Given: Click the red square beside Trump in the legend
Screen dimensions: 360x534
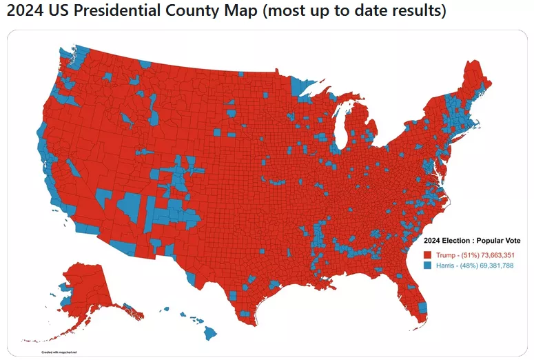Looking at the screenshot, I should click(427, 255).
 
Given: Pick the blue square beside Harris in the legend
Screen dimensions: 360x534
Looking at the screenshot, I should click(427, 266).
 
